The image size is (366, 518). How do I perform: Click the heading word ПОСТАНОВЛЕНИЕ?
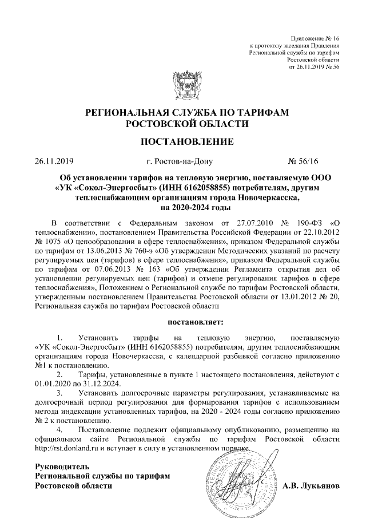point(183,141)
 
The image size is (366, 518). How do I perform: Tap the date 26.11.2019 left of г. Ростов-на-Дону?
point(54,162)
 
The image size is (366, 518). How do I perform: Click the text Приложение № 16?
point(315,37)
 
